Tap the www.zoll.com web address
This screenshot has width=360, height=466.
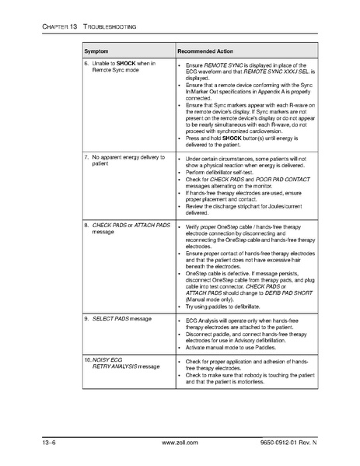[x=178, y=444]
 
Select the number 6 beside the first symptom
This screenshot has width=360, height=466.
[x=86, y=63]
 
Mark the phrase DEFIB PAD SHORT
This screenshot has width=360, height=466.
[x=287, y=293]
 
